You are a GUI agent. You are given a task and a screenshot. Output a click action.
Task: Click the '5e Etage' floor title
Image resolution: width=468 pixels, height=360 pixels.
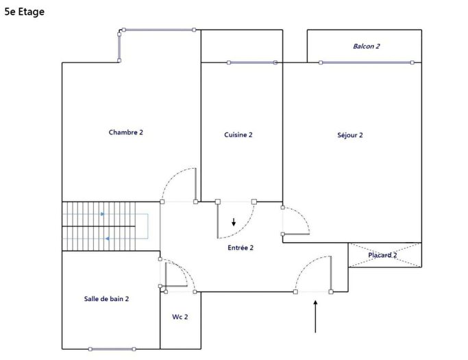[x=25, y=12]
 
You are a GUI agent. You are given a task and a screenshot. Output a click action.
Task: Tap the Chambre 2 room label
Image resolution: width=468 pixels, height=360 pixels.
[x=126, y=132]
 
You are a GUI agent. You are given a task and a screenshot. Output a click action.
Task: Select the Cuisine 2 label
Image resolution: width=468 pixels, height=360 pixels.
[x=238, y=135]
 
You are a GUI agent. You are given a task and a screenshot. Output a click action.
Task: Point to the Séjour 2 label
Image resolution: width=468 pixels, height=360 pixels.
[x=350, y=135]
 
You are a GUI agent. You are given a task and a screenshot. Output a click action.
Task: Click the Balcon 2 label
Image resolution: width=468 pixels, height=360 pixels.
[x=367, y=47]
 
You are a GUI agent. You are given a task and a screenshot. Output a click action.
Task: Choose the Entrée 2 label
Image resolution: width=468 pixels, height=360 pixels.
[x=241, y=248]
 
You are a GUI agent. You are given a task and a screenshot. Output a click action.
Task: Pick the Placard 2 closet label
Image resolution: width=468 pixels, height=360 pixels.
[x=382, y=255]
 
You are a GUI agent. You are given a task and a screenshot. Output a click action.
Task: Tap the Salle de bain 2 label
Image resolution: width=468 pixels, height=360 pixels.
[x=107, y=299]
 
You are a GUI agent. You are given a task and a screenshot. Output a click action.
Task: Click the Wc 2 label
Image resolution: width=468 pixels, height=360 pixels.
[x=180, y=317]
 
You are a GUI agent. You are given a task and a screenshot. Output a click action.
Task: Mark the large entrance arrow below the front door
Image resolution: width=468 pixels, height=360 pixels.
[x=316, y=316]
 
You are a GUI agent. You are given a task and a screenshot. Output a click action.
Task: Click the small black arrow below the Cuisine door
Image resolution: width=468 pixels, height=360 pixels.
[x=234, y=222]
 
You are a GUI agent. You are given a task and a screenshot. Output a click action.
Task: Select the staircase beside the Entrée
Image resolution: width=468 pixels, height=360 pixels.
[x=106, y=226]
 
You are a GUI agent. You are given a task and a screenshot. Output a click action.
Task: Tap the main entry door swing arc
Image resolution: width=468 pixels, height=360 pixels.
[x=312, y=272]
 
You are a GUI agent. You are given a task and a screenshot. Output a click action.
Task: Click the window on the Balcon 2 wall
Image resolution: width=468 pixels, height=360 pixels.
[x=367, y=62]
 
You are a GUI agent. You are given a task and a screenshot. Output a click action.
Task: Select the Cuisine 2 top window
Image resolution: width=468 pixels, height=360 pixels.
[x=251, y=62]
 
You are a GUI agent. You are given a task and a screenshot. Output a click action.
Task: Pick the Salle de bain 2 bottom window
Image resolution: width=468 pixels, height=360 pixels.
[x=112, y=349]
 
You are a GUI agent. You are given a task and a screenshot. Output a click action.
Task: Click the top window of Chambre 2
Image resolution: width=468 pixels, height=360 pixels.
[x=158, y=29]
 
